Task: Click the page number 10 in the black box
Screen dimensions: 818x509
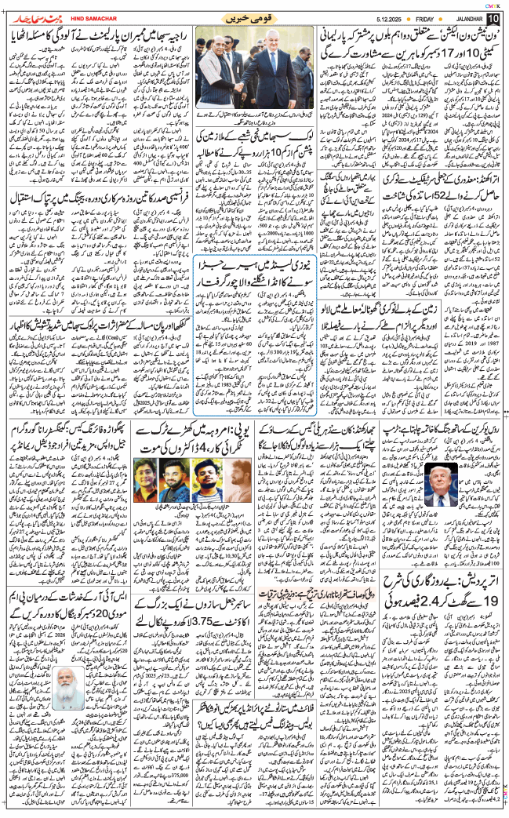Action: (x=493, y=18)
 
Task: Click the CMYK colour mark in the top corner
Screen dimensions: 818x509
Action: (x=491, y=5)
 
